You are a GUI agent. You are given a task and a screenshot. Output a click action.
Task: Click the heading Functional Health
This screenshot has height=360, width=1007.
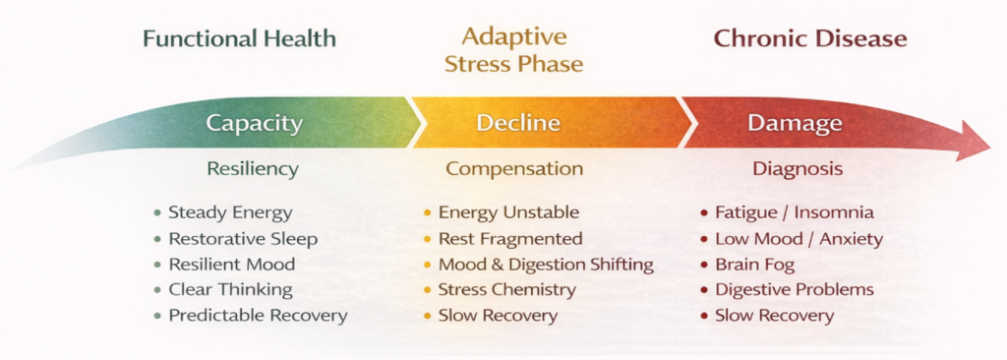click(240, 38)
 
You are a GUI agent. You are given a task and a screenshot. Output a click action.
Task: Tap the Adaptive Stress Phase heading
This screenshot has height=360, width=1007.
click(513, 49)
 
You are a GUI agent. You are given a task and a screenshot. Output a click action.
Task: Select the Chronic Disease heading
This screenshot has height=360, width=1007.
click(810, 38)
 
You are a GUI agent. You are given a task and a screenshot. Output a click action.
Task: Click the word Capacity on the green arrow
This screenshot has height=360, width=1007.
click(254, 123)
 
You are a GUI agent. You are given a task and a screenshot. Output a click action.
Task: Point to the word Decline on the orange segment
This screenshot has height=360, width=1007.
click(518, 123)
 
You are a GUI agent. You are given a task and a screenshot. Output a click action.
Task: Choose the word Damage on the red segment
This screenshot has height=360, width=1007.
click(795, 123)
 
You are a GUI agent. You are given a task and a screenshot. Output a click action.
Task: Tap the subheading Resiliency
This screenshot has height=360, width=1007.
click(253, 169)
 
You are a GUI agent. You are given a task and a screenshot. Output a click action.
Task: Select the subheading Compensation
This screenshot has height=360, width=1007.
click(514, 169)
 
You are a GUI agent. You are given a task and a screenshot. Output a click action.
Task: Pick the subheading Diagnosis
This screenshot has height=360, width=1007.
click(798, 169)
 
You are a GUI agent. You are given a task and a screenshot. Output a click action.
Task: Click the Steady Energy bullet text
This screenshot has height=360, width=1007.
click(230, 212)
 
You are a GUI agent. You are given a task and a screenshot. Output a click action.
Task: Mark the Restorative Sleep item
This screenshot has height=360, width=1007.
click(244, 239)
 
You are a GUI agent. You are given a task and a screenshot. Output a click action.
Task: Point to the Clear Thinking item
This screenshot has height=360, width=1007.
click(230, 290)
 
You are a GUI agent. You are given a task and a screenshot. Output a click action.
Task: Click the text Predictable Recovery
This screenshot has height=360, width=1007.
click(259, 316)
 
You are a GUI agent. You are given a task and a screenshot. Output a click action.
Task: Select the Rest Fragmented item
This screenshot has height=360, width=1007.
click(510, 239)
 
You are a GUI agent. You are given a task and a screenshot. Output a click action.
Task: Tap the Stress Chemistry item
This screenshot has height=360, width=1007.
click(507, 290)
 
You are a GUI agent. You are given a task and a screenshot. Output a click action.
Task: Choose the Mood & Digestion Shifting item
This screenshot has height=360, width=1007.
click(546, 265)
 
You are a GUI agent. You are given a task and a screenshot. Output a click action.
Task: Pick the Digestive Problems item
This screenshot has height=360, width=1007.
click(795, 290)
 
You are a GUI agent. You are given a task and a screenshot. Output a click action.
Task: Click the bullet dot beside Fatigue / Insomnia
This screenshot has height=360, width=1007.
click(704, 213)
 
